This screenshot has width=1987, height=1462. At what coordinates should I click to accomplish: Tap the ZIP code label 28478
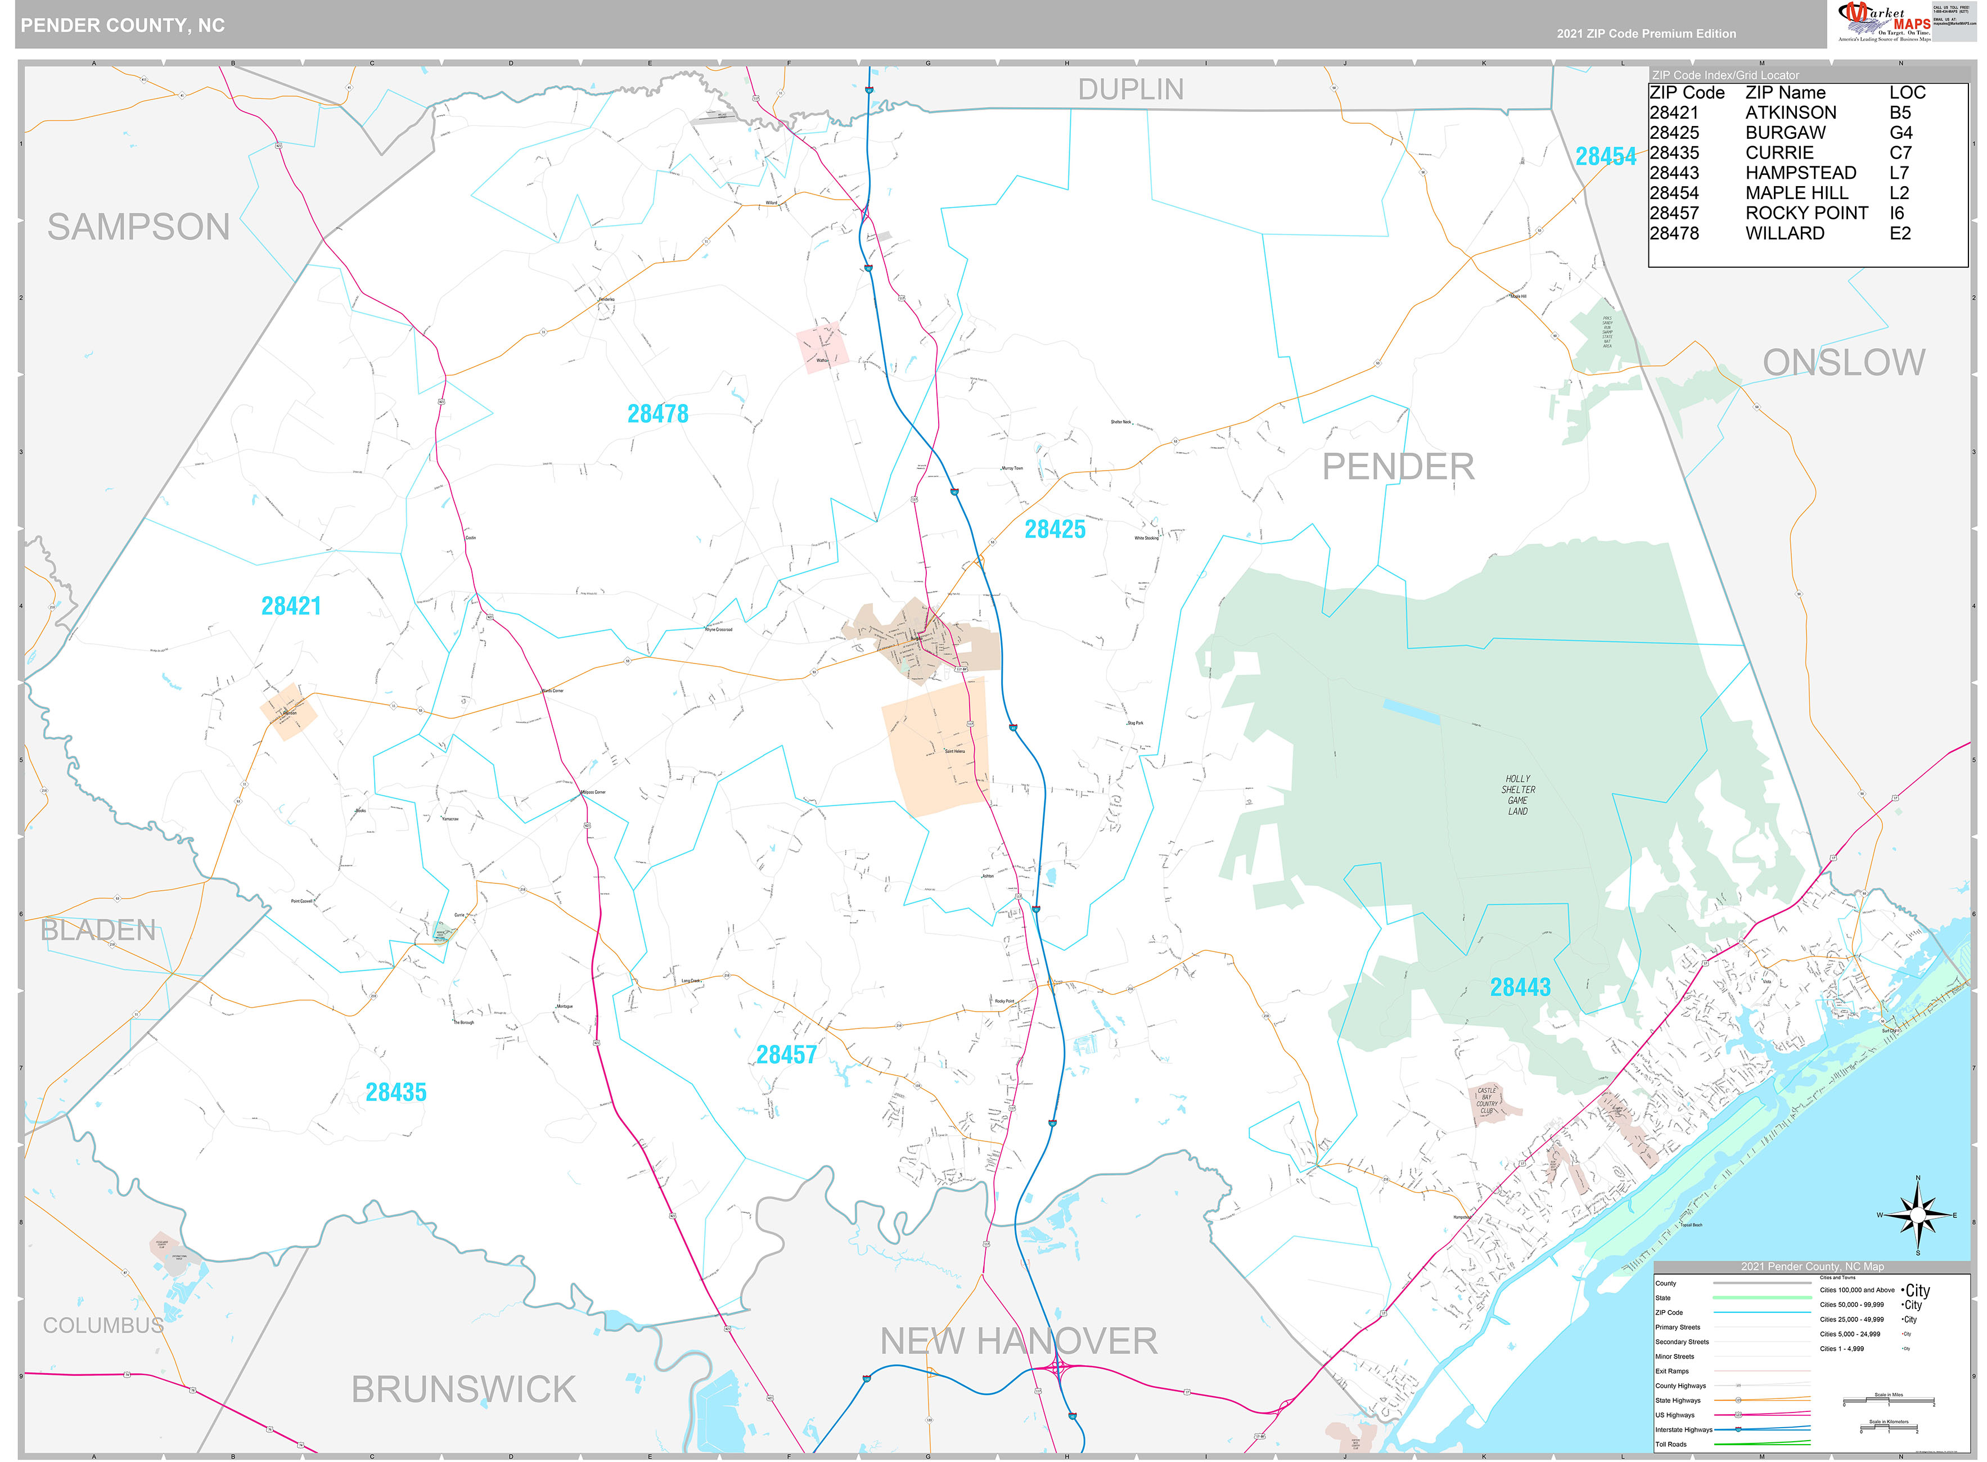tap(657, 413)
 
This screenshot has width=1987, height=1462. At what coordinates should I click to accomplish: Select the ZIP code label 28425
tap(1054, 529)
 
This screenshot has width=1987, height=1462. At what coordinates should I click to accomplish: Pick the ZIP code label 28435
tap(395, 1092)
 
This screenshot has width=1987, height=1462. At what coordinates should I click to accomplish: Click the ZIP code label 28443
tap(1520, 987)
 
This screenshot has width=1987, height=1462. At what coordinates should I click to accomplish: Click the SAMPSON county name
tap(138, 227)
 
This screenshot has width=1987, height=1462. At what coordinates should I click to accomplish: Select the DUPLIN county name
tap(1130, 89)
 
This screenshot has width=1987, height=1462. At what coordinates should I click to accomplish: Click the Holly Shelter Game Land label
tap(1517, 795)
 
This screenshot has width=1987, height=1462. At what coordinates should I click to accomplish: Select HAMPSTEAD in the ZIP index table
tap(1800, 173)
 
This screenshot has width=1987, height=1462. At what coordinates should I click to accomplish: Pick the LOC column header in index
tap(1907, 93)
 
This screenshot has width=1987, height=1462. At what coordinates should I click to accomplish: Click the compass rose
tap(1917, 1215)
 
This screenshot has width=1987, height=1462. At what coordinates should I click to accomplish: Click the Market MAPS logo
tap(1884, 21)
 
